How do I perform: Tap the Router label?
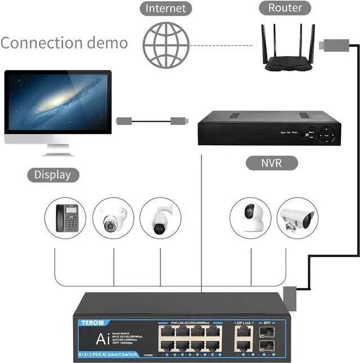tap(285, 8)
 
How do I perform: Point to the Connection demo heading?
tap(64, 43)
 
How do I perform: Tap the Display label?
tap(53, 174)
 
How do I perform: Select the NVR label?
tap(272, 163)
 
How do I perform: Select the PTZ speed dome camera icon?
tap(160, 218)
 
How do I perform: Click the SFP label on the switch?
tap(267, 322)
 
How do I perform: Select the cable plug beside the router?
tap(329, 44)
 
